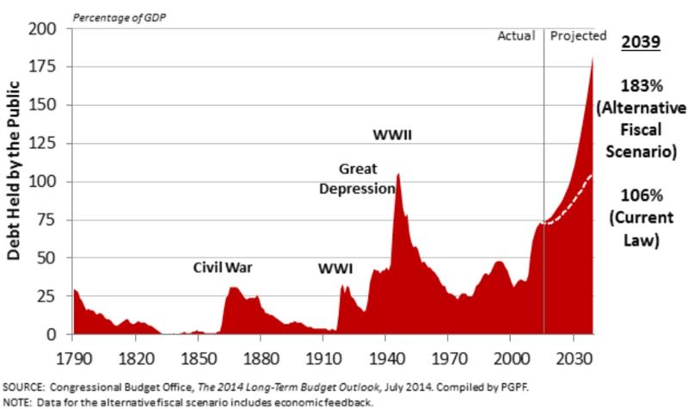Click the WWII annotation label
pyautogui.click(x=391, y=135)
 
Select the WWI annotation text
pyautogui.click(x=335, y=269)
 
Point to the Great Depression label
pyautogui.click(x=356, y=178)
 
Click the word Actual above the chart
pyautogui.click(x=517, y=36)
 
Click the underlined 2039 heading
pyautogui.click(x=640, y=40)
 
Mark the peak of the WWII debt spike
pyautogui.click(x=398, y=174)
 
